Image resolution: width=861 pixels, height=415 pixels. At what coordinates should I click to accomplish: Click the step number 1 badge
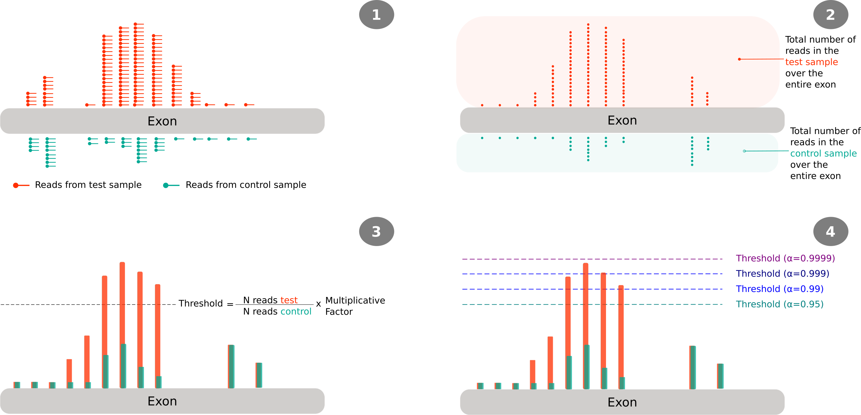(x=377, y=15)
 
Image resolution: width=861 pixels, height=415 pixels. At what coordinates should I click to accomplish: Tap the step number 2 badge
(x=830, y=15)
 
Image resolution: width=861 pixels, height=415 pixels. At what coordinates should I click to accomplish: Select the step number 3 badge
(x=377, y=232)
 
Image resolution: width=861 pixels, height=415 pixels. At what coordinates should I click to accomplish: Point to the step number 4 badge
(x=830, y=232)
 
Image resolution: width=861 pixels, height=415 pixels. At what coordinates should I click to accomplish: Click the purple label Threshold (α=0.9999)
(x=785, y=258)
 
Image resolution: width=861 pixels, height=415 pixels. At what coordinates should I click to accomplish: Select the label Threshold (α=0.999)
(x=782, y=274)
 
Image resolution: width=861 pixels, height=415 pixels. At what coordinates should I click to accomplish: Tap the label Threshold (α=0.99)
(x=779, y=289)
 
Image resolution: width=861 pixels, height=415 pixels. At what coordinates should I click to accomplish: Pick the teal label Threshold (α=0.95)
(x=779, y=304)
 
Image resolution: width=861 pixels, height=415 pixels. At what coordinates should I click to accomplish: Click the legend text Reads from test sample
(x=88, y=185)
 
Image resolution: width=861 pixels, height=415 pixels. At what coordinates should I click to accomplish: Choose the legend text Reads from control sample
(x=246, y=185)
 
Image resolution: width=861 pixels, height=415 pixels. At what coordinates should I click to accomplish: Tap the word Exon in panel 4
(x=622, y=402)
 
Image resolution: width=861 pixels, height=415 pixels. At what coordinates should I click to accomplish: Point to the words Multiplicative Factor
(x=355, y=306)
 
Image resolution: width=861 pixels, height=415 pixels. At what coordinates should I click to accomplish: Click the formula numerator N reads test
(x=270, y=300)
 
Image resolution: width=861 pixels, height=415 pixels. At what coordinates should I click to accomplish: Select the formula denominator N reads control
(x=277, y=311)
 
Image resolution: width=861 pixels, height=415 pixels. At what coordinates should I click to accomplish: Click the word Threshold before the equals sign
(x=201, y=303)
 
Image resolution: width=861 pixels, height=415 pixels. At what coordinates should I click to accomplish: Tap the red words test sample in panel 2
(x=811, y=62)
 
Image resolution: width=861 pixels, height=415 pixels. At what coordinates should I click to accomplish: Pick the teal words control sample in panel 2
(x=823, y=153)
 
